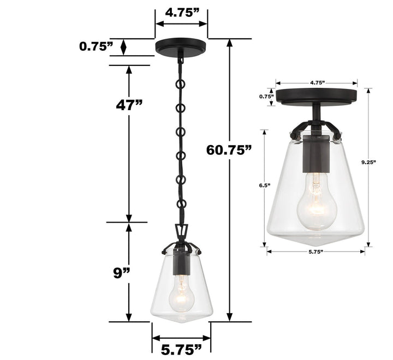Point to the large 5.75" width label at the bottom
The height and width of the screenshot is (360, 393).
coord(181,347)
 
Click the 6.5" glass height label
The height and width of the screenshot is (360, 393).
coord(265,185)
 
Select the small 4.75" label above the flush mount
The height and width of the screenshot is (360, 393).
coord(317,83)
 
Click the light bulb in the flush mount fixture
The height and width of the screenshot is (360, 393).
coord(316,202)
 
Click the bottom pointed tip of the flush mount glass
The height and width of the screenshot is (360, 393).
coord(317,244)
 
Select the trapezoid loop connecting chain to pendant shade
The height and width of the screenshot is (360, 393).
coord(181,232)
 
